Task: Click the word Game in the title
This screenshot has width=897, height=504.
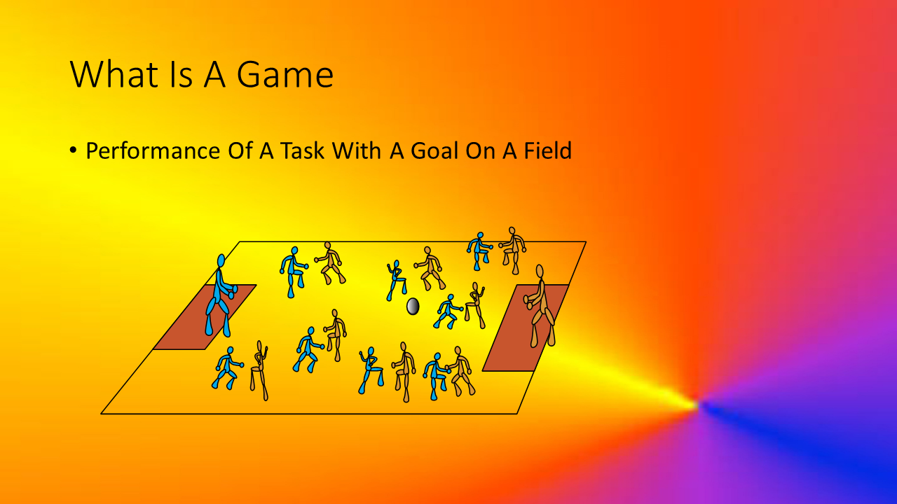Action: pos(285,74)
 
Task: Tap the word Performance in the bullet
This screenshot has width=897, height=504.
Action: pos(153,150)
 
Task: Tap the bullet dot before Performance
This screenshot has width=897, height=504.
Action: pos(73,150)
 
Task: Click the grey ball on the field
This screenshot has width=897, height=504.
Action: pos(413,307)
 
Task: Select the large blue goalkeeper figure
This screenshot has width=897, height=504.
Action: pos(220,295)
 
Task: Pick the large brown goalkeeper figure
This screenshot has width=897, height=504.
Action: pos(540,306)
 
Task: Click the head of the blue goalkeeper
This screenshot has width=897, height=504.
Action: pos(221,261)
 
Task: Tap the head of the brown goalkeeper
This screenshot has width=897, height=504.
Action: pos(540,271)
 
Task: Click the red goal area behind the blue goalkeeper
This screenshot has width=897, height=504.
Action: pos(204,317)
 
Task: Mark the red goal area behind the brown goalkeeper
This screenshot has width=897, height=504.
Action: pos(526,328)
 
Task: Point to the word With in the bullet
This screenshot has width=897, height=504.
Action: pos(357,150)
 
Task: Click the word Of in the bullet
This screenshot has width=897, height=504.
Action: pos(240,150)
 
